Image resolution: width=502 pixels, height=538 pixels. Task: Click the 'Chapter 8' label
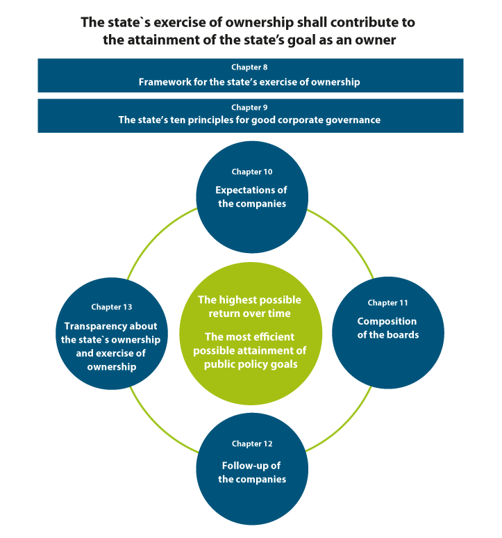pos(250,67)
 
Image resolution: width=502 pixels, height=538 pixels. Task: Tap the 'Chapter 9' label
pos(250,108)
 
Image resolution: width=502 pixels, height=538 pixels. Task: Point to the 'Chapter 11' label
pos(387,303)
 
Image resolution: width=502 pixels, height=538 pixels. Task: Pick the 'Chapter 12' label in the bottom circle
pos(252,443)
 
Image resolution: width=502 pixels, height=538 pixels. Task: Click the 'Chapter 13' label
pos(111,307)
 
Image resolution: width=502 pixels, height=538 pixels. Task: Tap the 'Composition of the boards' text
pos(387,328)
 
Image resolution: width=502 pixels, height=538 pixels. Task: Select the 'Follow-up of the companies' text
pos(251,473)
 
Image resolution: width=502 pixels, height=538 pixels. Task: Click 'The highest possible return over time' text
pos(250,307)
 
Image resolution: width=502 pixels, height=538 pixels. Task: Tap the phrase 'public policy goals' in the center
pos(251,364)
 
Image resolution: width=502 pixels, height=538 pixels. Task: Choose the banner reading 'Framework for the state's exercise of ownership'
pos(250,81)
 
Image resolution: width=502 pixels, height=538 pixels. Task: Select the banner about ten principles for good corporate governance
pos(250,120)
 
